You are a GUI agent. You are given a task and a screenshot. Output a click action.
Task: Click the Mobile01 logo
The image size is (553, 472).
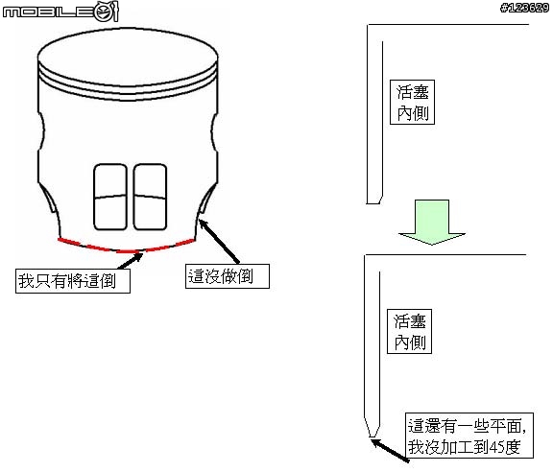pyautogui.click(x=60, y=12)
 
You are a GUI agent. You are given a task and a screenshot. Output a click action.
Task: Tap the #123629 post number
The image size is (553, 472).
pyautogui.click(x=524, y=8)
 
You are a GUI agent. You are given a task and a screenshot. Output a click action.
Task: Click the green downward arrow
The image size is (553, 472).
pyautogui.click(x=432, y=222)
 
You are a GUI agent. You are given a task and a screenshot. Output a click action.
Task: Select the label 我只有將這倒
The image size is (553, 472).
pyautogui.click(x=73, y=281)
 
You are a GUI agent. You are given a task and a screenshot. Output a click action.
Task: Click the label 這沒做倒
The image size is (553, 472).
pyautogui.click(x=228, y=276)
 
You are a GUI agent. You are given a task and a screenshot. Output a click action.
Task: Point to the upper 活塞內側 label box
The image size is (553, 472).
pyautogui.click(x=412, y=103)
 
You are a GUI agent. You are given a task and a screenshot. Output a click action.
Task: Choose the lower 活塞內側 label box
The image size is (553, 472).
pyautogui.click(x=409, y=331)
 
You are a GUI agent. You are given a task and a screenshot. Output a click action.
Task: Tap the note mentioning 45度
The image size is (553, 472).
pyautogui.click(x=469, y=436)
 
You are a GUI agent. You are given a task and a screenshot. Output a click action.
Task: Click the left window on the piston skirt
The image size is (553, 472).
pyautogui.click(x=110, y=197)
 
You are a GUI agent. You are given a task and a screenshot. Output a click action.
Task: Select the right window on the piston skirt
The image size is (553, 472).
pyautogui.click(x=150, y=197)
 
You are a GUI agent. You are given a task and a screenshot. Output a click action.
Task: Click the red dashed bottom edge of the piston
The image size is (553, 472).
pyautogui.click(x=127, y=251)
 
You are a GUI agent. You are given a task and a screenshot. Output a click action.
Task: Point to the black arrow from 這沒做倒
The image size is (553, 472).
pyautogui.click(x=219, y=242)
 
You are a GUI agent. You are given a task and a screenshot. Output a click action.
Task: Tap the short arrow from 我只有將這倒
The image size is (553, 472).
pyautogui.click(x=131, y=261)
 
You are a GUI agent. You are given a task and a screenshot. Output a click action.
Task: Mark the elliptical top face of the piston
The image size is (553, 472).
pyautogui.click(x=128, y=58)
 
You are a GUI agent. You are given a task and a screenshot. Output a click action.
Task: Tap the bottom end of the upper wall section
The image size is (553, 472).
pyautogui.click(x=373, y=203)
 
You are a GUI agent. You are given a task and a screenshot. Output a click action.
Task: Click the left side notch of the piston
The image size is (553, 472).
pyautogui.click(x=41, y=131)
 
